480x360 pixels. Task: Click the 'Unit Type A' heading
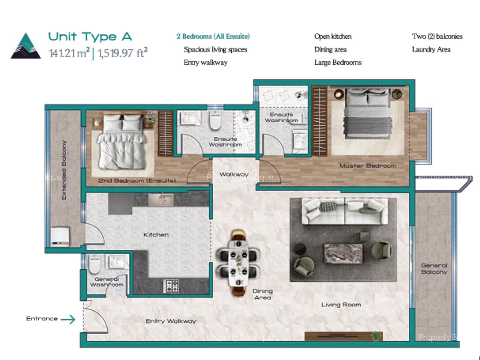pos(90,37)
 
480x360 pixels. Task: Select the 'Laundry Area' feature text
pos(431,50)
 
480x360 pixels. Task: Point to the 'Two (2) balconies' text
pos(437,36)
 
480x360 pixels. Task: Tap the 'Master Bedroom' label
pos(368,166)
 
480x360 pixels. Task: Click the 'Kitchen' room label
pos(156,235)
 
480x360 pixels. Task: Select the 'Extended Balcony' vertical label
pos(64,170)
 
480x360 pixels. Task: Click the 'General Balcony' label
pos(434,268)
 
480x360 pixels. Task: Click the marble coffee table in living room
pos(343,254)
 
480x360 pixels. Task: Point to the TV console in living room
pos(343,336)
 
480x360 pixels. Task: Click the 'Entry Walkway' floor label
pos(171,321)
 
